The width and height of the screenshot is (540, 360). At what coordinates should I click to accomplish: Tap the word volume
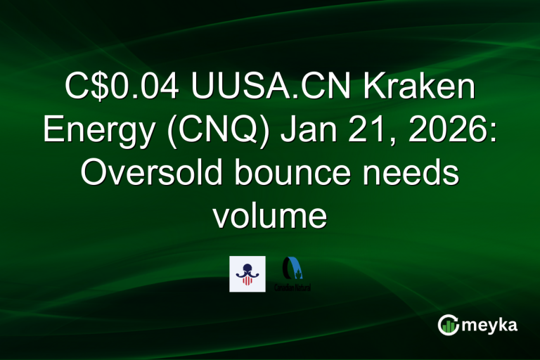click(269, 217)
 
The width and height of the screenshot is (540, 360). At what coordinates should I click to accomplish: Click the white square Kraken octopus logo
click(247, 274)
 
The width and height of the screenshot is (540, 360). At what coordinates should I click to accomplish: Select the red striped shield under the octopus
click(247, 281)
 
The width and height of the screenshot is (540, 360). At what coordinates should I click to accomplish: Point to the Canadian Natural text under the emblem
click(293, 288)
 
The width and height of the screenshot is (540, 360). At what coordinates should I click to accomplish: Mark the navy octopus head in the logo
click(247, 268)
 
